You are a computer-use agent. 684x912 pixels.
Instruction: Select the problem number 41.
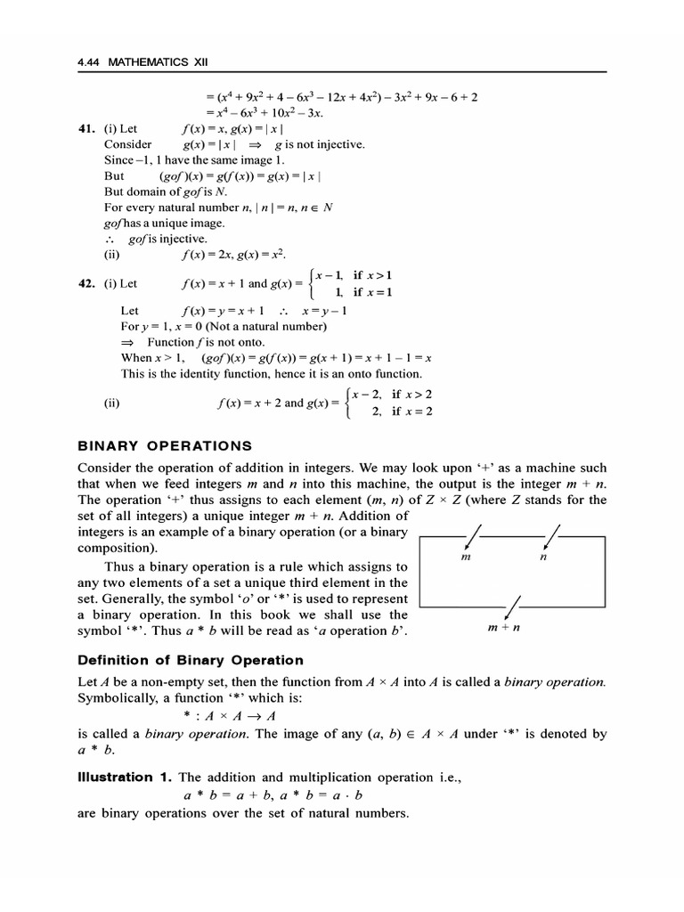click(x=86, y=128)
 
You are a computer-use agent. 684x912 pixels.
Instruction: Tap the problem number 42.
click(x=86, y=284)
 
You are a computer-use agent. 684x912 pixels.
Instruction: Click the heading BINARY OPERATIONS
click(x=166, y=445)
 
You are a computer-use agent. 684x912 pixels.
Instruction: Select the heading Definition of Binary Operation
click(x=191, y=660)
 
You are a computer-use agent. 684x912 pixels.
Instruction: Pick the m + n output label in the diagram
click(x=504, y=629)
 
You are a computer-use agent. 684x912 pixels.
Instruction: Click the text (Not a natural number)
click(x=258, y=326)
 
